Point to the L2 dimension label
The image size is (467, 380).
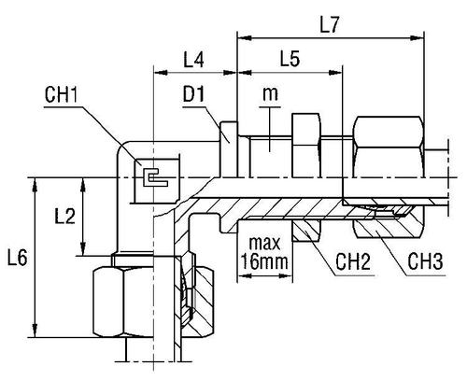[x=64, y=217]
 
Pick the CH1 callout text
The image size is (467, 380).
[x=62, y=95]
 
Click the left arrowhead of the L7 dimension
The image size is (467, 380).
[x=241, y=38]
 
